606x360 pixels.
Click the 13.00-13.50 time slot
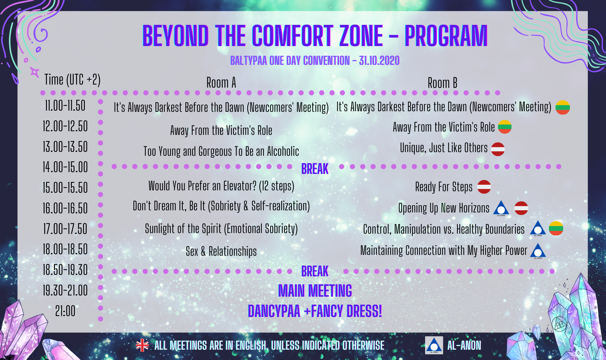[x=65, y=147]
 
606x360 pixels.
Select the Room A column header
[x=221, y=82]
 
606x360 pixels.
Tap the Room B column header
[x=442, y=83]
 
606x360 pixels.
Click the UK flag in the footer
[x=142, y=345]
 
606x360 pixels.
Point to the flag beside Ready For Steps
[x=484, y=187]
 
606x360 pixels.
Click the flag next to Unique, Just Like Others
[x=498, y=149]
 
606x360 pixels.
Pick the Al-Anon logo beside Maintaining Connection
[x=538, y=251]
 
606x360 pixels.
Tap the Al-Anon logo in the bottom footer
[x=434, y=345]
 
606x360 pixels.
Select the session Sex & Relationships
[x=221, y=251]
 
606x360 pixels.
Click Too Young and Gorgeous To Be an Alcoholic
[x=221, y=151]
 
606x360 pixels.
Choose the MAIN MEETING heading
[x=315, y=291]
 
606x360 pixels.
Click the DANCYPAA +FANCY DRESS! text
[x=315, y=311]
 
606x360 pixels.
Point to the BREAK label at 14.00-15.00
[x=315, y=169]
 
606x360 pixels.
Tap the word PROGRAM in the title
[x=446, y=36]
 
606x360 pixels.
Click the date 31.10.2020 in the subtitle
[x=379, y=61]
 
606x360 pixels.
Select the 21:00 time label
[x=65, y=311]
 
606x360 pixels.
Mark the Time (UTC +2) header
[x=72, y=79]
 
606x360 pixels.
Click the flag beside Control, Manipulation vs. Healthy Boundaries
[x=556, y=228]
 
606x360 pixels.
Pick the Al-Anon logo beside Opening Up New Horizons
[x=501, y=208]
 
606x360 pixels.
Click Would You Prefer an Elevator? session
[x=221, y=186]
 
